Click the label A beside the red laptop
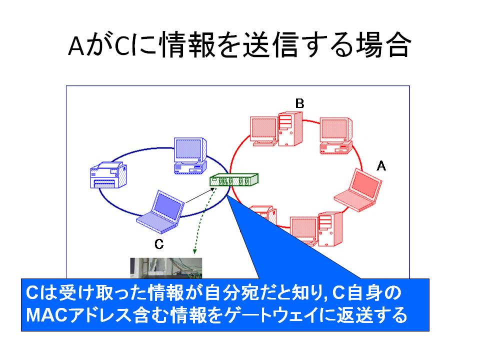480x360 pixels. tap(381, 166)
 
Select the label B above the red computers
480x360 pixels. tap(299, 103)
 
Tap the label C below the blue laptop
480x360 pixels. tap(159, 244)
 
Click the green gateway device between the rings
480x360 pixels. tap(234, 179)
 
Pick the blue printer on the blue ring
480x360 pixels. tap(108, 175)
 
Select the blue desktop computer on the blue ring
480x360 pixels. tap(190, 156)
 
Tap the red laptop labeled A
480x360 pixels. tap(358, 190)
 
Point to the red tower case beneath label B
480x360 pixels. tap(290, 129)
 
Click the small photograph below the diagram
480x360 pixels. tap(166, 268)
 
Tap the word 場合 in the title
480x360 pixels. tap(382, 45)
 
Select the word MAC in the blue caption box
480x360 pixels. tap(46, 315)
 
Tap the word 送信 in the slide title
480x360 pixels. tap(270, 45)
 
